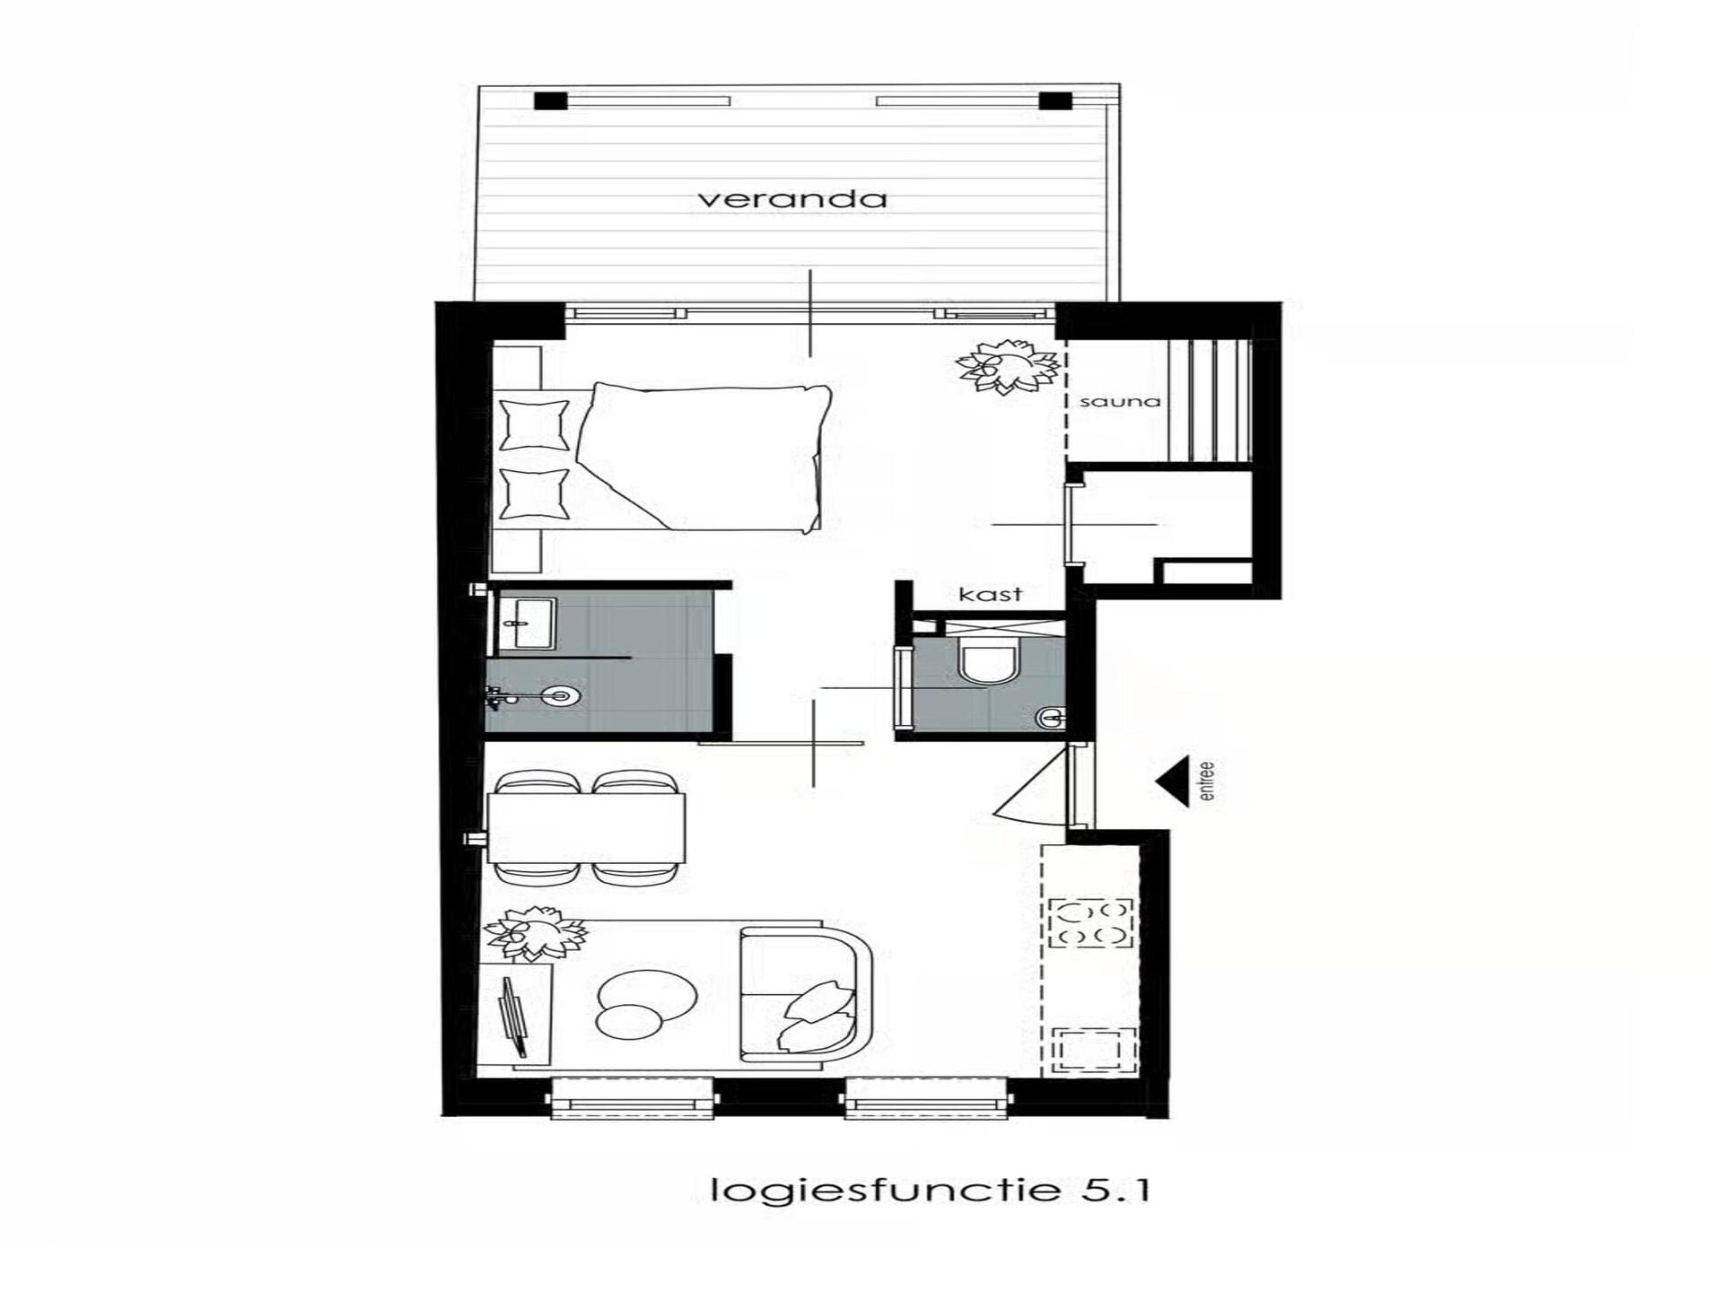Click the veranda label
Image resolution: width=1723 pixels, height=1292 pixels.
click(792, 198)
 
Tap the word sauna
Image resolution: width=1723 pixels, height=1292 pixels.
click(1120, 401)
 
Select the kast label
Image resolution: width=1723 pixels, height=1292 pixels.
click(991, 594)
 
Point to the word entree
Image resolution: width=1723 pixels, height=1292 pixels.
click(1206, 781)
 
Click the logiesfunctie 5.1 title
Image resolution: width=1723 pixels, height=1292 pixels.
click(930, 1190)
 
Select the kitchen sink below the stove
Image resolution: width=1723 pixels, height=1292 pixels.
click(1094, 1050)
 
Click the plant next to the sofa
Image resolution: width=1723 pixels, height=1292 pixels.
click(536, 934)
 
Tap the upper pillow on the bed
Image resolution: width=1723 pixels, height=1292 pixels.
click(534, 425)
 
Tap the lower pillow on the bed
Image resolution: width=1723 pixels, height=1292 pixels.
click(534, 494)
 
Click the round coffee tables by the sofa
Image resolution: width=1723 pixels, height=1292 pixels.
click(644, 1003)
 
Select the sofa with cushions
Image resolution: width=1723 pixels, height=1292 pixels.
click(806, 991)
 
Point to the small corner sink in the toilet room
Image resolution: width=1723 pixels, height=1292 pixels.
click(1051, 717)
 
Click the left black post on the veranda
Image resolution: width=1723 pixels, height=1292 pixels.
click(550, 100)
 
